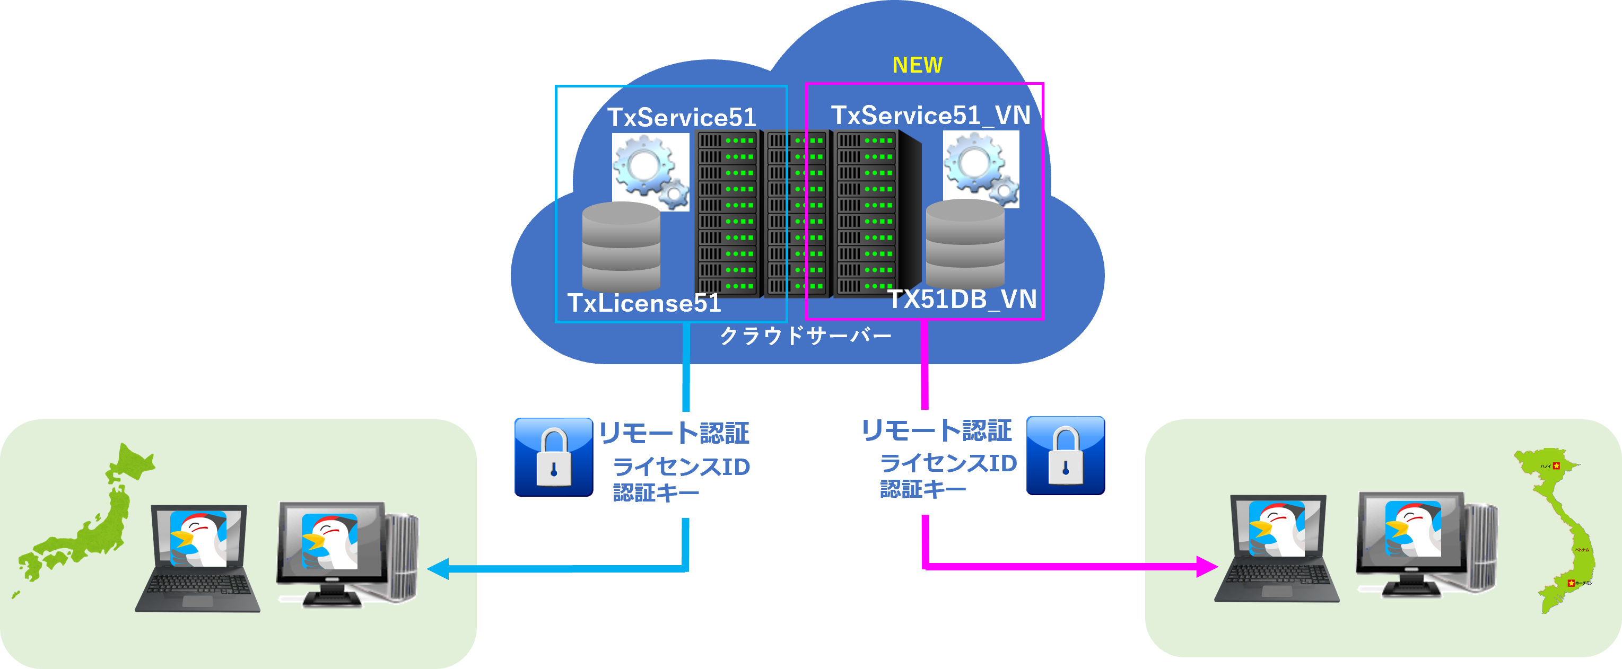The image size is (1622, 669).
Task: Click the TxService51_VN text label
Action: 930,115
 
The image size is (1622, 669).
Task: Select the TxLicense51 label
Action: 643,303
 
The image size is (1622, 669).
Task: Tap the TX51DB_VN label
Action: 962,299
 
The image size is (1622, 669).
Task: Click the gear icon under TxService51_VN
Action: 980,169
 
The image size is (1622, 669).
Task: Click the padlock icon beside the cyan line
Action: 553,457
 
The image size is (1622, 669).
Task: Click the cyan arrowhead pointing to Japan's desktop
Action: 439,568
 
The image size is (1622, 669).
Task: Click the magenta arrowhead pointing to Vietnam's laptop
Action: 1205,566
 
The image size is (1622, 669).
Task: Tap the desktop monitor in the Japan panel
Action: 331,541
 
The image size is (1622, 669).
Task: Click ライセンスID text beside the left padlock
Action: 681,467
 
